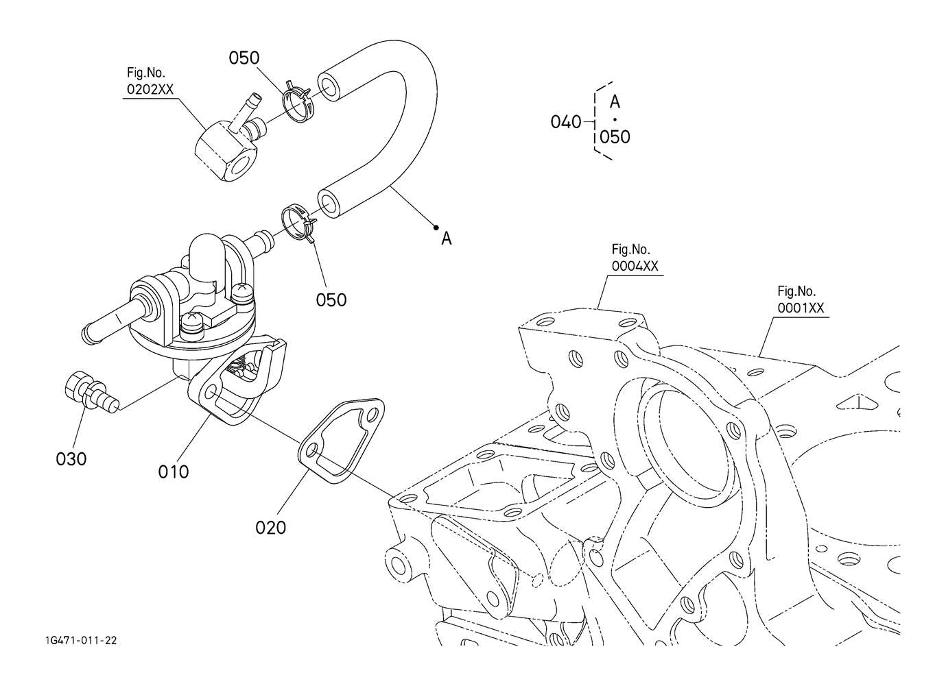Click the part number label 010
click(173, 471)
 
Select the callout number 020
click(270, 527)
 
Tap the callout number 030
click(71, 458)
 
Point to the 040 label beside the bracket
click(566, 123)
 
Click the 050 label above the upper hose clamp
click(244, 58)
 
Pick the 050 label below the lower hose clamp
click(331, 299)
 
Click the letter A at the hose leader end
click(447, 238)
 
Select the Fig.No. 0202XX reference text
click(150, 82)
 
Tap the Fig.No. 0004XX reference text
click(635, 258)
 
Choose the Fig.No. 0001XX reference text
click(800, 299)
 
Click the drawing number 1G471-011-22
click(78, 640)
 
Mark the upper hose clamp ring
click(298, 102)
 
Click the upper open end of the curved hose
click(329, 86)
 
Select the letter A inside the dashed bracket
click(615, 102)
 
